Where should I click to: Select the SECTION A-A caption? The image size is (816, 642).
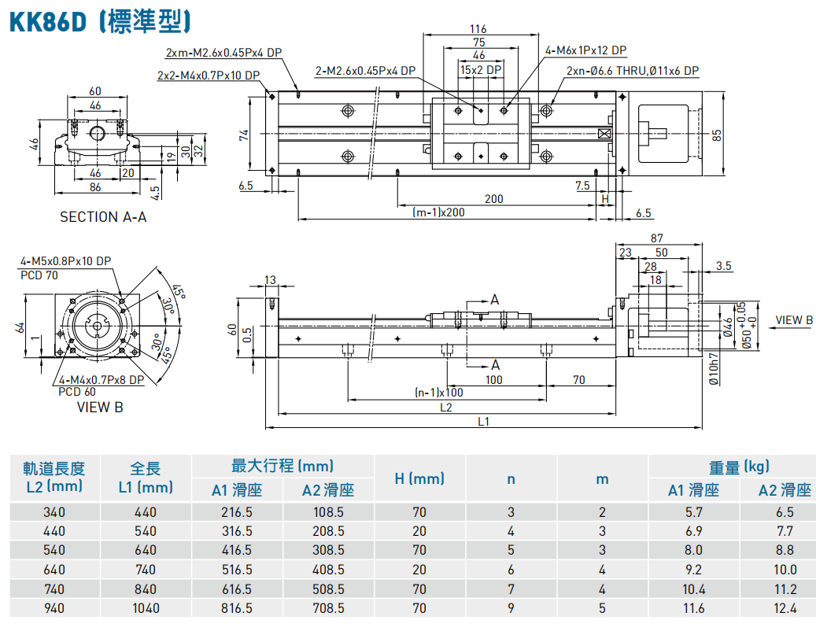pos(103,216)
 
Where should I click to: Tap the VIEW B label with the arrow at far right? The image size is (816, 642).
pos(793,320)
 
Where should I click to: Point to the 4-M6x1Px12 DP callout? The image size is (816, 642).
pos(585,50)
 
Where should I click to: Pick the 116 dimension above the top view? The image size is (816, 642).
pos(478,29)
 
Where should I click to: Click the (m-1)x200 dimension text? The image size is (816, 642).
pos(438,212)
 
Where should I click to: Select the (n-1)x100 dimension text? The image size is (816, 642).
pos(438,392)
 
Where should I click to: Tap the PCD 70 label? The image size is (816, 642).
pos(39,275)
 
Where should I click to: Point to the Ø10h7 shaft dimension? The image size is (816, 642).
pos(714,368)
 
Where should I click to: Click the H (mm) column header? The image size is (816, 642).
pos(419,478)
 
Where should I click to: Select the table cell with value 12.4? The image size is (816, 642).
pos(784,607)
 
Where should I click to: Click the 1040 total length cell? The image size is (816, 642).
pos(146,607)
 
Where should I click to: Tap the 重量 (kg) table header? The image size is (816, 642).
pos(739,467)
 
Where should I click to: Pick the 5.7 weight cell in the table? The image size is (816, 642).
pos(693,511)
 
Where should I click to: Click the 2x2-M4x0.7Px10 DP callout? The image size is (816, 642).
pos(208,76)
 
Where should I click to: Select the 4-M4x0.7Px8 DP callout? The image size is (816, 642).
pos(102,379)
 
